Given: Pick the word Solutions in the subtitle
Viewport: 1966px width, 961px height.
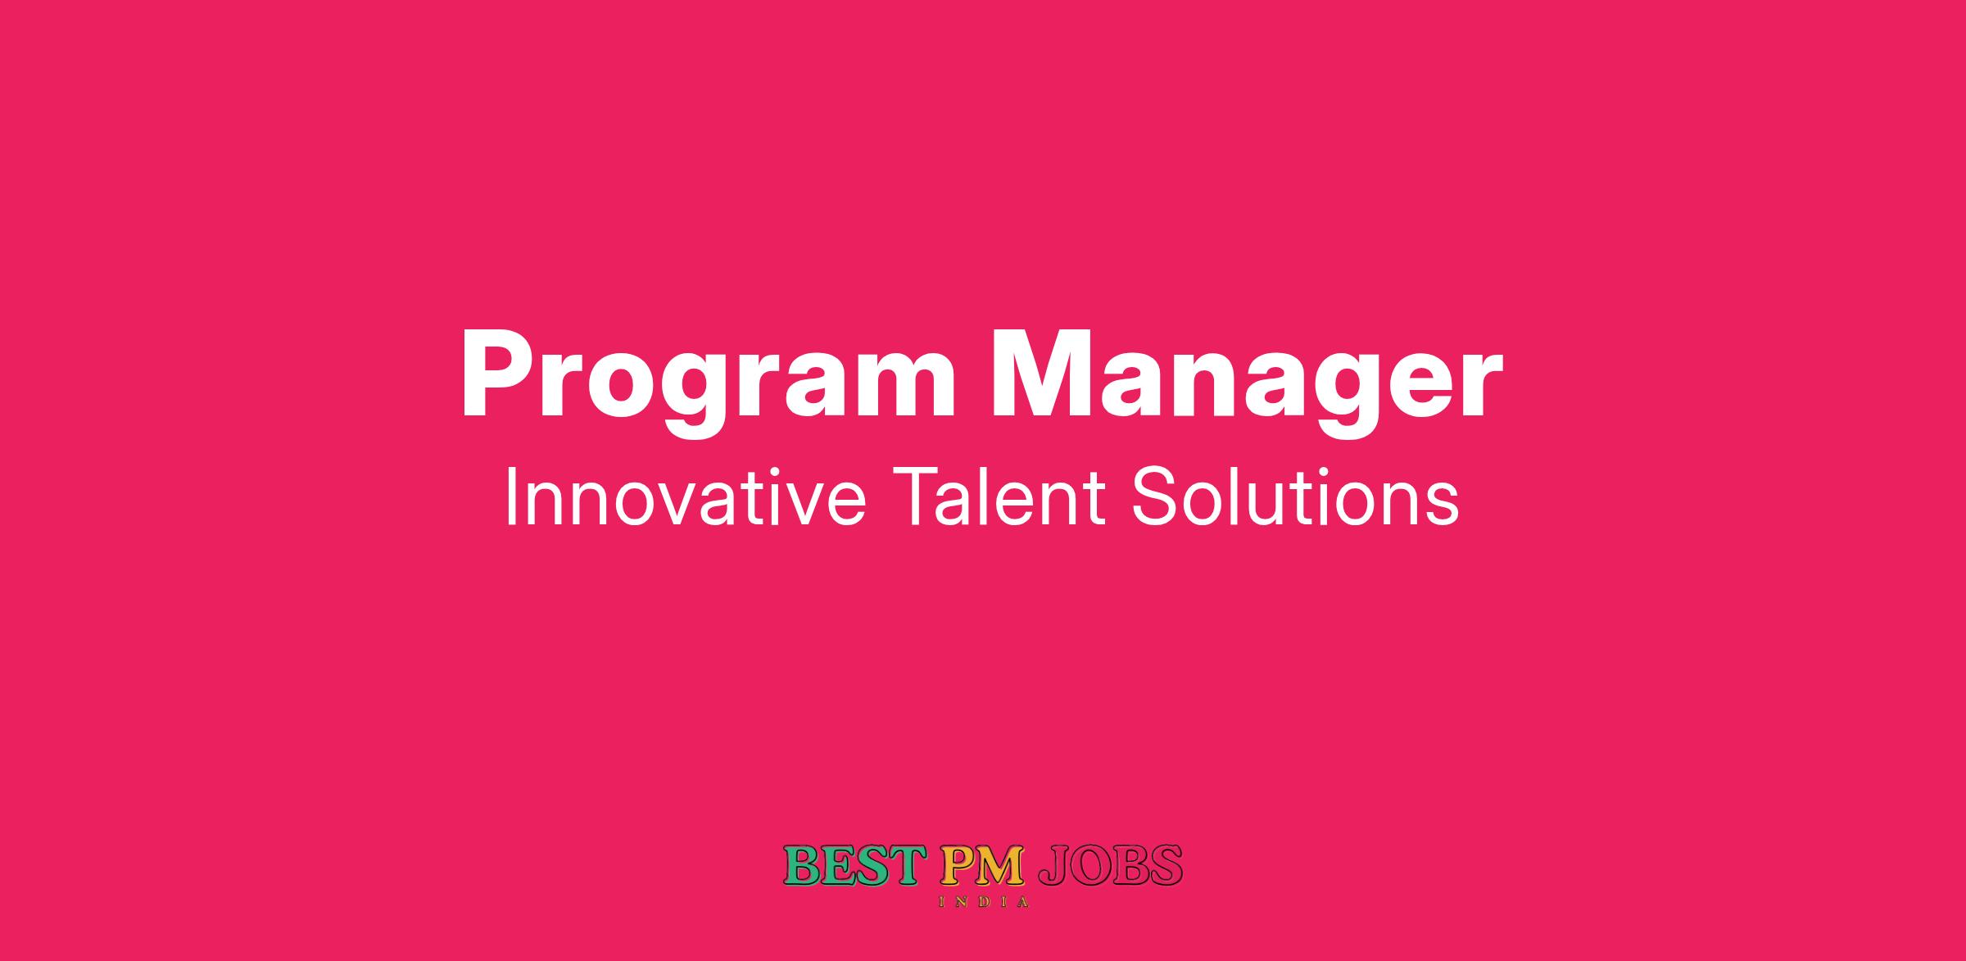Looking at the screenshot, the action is (x=1295, y=498).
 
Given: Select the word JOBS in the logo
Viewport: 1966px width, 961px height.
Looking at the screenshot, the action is (x=1110, y=865).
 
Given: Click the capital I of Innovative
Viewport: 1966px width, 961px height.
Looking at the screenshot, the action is (x=511, y=496).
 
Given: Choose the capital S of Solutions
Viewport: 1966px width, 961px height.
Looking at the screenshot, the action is (x=1152, y=496).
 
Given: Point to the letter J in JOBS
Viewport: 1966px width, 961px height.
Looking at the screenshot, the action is (x=1053, y=865).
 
